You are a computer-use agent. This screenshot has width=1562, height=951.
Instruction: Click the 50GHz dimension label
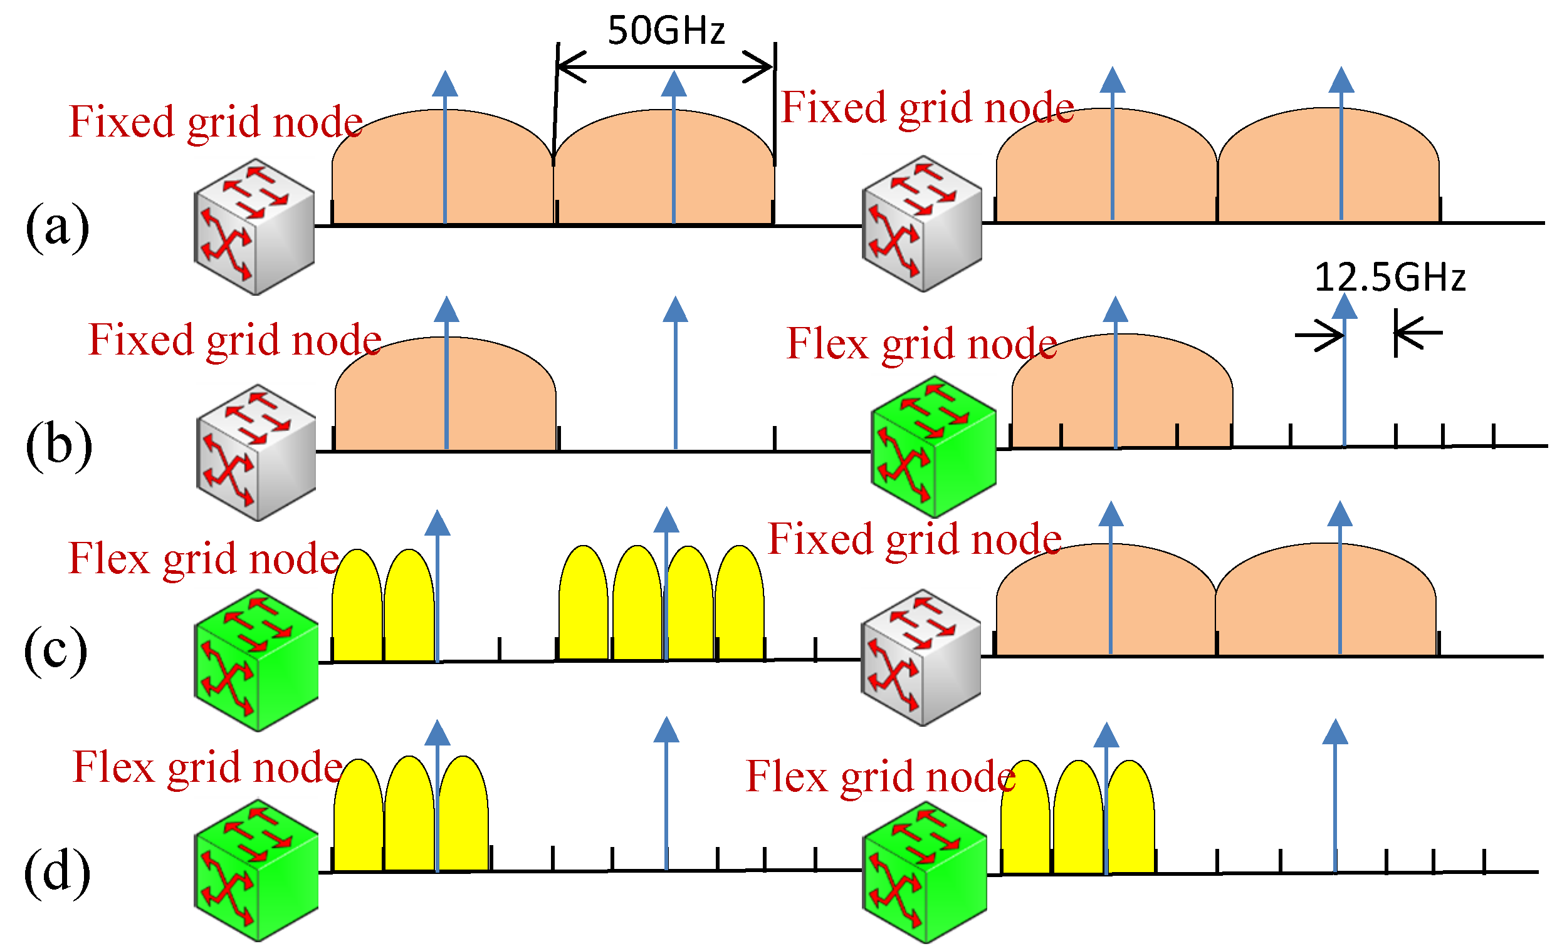tap(666, 31)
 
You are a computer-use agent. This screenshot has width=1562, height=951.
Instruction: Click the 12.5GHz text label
tap(1390, 278)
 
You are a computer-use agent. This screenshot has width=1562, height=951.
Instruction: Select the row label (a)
tap(57, 226)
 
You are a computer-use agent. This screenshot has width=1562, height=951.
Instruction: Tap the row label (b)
tap(58, 445)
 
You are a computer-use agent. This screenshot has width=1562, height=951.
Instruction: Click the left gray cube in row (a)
tap(254, 226)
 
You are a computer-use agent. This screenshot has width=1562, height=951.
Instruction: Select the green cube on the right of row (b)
tap(933, 447)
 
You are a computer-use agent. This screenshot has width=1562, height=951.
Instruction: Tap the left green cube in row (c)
tap(256, 660)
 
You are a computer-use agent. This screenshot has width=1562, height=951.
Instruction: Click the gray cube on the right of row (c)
tap(920, 657)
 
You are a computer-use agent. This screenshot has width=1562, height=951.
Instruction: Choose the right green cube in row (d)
tap(925, 873)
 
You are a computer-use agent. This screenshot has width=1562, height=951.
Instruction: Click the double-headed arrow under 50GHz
tap(665, 66)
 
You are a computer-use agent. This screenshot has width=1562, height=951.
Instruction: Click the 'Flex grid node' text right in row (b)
tap(922, 344)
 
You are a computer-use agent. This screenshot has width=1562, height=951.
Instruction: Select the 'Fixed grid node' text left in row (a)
tap(216, 122)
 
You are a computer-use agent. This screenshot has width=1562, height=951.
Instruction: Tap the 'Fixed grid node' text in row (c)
tap(914, 539)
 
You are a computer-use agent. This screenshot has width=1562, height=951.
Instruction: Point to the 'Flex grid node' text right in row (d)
tap(881, 776)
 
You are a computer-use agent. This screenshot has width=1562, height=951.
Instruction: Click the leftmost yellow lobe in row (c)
tap(357, 605)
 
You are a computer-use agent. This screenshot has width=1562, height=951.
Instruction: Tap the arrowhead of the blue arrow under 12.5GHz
tap(1344, 306)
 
